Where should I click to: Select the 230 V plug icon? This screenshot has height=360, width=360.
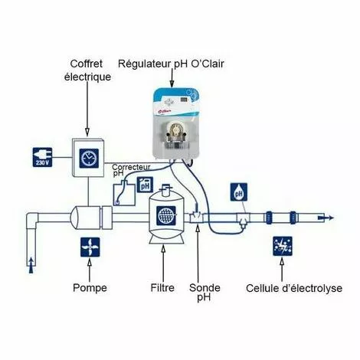pos(43,156)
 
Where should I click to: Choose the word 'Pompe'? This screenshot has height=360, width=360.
pos(91,289)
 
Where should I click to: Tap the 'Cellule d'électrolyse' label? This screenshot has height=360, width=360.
pos(284,289)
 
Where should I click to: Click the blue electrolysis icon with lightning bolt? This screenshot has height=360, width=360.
pos(283,247)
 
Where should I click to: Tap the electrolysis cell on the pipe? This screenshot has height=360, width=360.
pos(287,218)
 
